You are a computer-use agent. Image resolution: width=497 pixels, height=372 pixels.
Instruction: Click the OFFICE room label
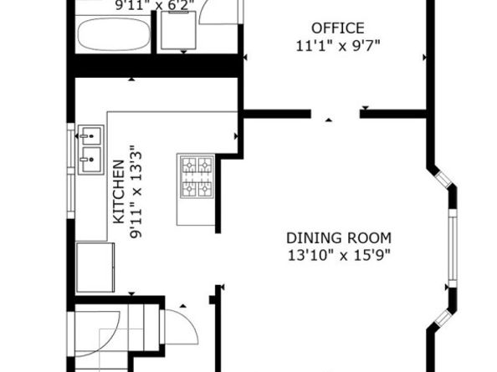[x=338, y=28]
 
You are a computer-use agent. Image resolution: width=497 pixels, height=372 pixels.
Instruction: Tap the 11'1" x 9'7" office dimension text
[x=338, y=46]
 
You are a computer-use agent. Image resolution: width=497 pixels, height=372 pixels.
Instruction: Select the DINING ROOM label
[x=339, y=238]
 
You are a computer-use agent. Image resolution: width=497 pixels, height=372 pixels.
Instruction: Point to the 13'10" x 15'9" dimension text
[x=339, y=255]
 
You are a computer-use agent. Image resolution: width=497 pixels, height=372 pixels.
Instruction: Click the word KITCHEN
[x=119, y=192]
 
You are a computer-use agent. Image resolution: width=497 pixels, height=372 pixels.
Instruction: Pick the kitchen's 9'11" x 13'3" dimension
[x=136, y=192]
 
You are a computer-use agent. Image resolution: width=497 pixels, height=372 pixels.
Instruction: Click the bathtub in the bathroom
[x=114, y=34]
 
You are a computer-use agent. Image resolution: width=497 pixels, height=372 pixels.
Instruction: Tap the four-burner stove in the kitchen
[x=197, y=176]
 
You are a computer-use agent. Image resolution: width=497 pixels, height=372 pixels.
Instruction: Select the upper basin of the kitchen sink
[x=91, y=135]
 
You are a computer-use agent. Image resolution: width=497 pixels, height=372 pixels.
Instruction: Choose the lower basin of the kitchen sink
[x=91, y=160]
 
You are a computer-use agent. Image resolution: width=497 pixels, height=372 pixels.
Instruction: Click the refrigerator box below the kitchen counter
[x=95, y=268]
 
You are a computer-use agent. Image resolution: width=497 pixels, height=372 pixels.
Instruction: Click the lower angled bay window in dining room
[x=443, y=318]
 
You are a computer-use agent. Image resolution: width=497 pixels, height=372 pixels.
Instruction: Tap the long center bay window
[x=453, y=248]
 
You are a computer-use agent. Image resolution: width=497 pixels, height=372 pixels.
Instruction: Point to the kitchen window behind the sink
[x=70, y=171]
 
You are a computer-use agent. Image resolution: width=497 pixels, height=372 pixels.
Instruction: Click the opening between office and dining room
[x=335, y=114]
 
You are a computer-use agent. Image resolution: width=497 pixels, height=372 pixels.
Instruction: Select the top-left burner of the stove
[x=189, y=165]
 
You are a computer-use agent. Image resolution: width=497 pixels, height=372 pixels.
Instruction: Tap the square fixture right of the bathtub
[x=178, y=30]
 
